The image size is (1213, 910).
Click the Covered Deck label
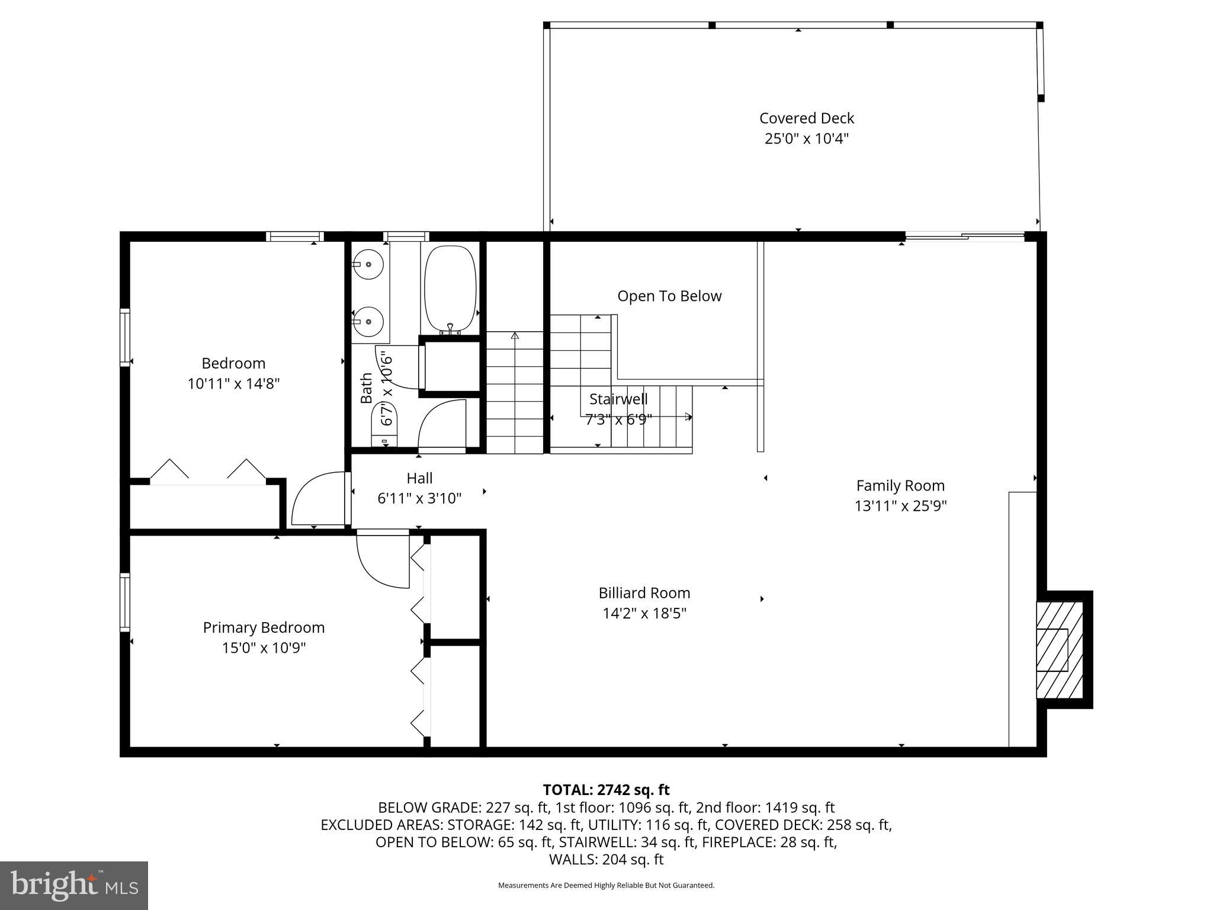click(x=806, y=118)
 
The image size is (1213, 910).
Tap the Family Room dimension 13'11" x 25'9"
click(x=900, y=506)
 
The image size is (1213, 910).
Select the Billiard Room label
click(x=644, y=592)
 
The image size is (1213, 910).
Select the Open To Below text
click(x=669, y=296)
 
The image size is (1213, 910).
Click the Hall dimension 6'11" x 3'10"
click(x=419, y=498)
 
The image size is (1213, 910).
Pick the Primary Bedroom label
click(x=264, y=627)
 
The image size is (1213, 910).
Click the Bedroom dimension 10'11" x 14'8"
click(x=233, y=383)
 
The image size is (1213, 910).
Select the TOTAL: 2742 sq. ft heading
click(x=606, y=790)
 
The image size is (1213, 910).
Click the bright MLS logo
click(x=74, y=885)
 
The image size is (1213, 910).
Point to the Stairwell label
click(x=618, y=399)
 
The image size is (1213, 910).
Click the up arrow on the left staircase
click(x=515, y=337)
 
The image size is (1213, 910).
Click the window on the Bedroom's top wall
click(x=294, y=236)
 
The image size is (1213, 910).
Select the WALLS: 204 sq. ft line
click(x=606, y=859)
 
